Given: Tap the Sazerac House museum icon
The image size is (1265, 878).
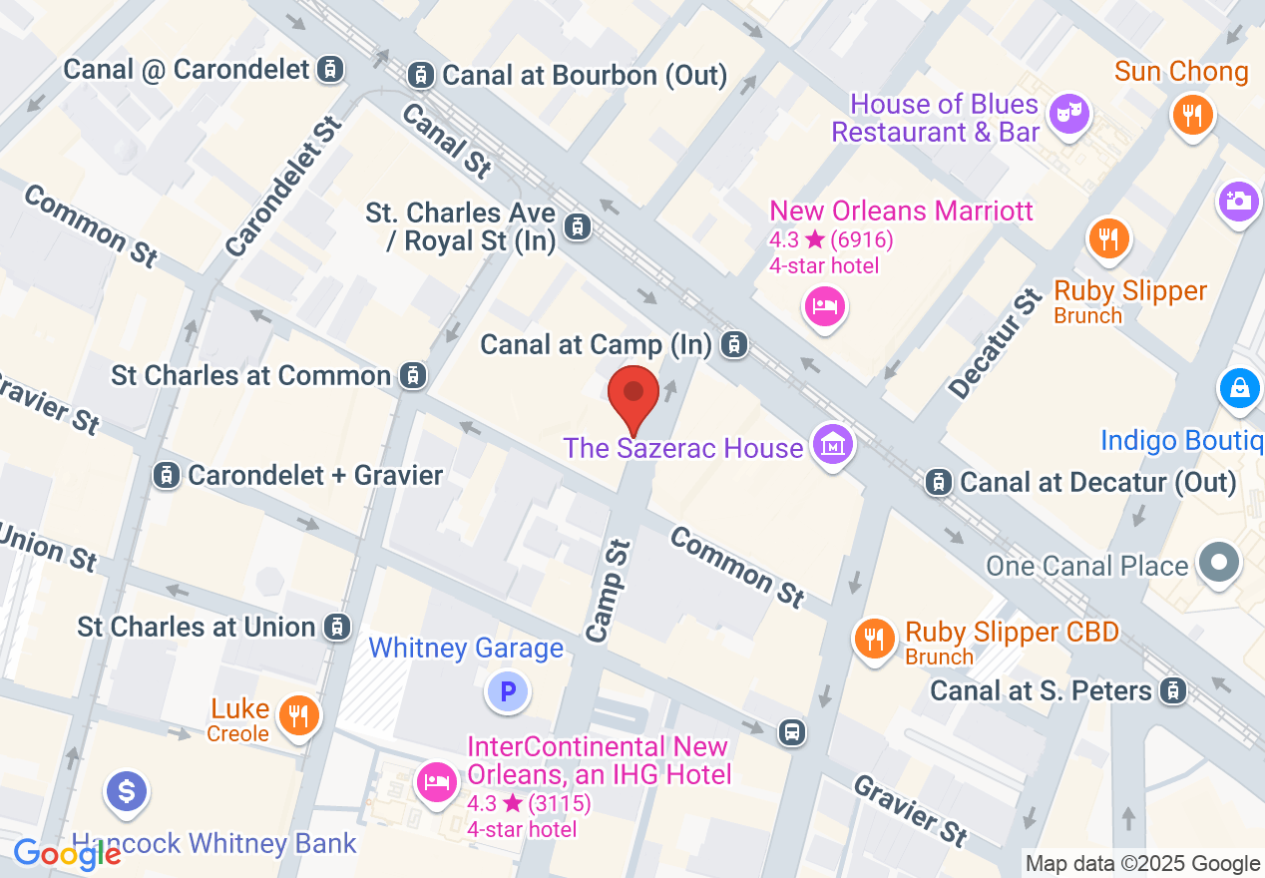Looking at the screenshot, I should (x=832, y=444).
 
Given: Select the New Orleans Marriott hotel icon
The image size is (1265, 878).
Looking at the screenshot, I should (x=825, y=305).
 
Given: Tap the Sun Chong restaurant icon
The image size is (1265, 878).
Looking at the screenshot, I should (x=1191, y=114).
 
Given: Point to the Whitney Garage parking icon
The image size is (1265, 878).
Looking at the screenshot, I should (x=508, y=690).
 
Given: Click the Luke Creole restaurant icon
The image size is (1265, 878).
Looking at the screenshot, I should (x=297, y=714).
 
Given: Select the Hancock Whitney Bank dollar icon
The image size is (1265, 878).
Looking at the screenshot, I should (x=127, y=792).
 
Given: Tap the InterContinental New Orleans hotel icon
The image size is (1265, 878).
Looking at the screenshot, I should (x=436, y=781).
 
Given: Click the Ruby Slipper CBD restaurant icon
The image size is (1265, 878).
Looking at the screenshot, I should (x=875, y=638).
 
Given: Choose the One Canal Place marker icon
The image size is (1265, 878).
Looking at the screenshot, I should (x=1218, y=564).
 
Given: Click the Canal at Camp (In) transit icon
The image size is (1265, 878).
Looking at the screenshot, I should (x=734, y=345).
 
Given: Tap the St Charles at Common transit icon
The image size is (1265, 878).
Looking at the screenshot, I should (x=411, y=375).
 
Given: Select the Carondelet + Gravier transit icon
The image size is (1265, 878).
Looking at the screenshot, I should (x=167, y=475).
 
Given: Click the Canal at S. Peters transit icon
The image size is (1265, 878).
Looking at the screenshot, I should (x=1173, y=689).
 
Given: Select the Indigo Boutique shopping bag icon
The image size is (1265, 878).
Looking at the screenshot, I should (x=1238, y=387).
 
